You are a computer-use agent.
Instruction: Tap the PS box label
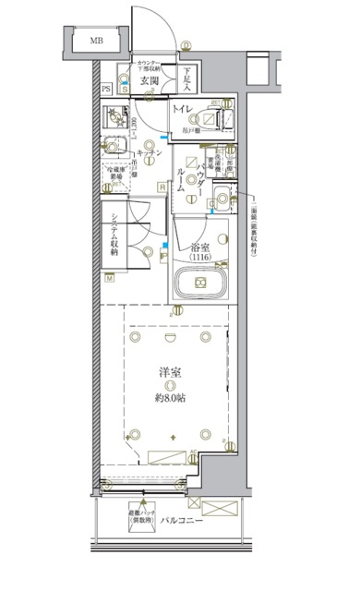tap(106, 89)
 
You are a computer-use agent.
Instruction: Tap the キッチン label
tap(150, 153)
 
